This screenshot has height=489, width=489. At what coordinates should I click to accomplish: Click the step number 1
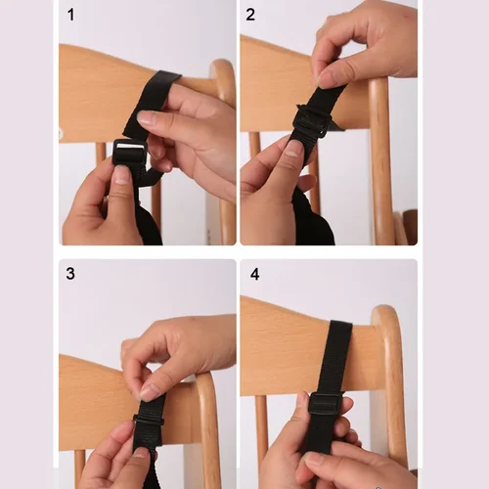pos(70,15)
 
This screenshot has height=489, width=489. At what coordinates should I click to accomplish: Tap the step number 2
pos(251,15)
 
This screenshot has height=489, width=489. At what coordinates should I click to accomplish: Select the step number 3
pos(70,274)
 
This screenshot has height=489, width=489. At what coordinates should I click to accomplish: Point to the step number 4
pos(254,275)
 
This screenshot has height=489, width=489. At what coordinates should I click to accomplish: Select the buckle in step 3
pos(149,422)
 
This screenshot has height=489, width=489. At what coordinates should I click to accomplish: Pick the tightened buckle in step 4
pos(324,404)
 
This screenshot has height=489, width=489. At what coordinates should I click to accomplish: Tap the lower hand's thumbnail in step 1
pos(121,175)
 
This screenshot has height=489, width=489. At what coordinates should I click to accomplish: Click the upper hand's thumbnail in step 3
pos(150,390)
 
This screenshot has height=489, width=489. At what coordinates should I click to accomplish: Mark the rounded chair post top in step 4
pos(388,323)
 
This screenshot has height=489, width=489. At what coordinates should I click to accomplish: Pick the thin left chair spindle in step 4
pos(262,430)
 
